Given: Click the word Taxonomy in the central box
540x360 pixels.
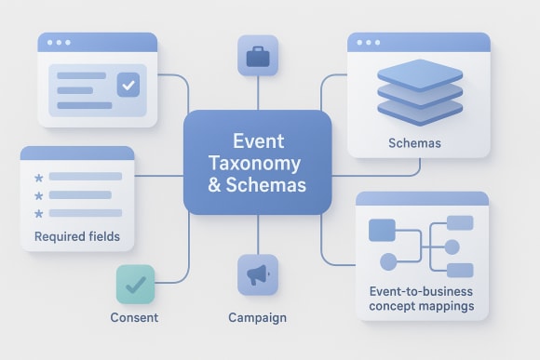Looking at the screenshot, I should (259, 163).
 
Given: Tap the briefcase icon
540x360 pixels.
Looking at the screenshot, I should (258, 57).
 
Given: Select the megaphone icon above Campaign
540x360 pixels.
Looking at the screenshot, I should (258, 274).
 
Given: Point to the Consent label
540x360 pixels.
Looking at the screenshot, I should (134, 318).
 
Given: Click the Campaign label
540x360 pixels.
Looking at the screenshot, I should (258, 318).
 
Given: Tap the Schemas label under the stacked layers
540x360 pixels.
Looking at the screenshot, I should (414, 144).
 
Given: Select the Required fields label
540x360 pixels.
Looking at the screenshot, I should (77, 236).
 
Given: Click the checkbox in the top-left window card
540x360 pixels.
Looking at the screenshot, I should (128, 86).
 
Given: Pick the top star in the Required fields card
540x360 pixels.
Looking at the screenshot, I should (39, 177).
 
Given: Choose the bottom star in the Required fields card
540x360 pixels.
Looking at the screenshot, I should (39, 214).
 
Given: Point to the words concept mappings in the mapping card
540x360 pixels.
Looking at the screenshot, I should (421, 306).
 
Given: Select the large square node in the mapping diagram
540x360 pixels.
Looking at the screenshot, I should (382, 229).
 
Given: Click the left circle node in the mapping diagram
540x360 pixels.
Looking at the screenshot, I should (382, 261).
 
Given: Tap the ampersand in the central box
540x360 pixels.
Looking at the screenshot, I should (215, 185).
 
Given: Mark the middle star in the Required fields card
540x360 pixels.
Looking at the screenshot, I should (39, 195).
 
